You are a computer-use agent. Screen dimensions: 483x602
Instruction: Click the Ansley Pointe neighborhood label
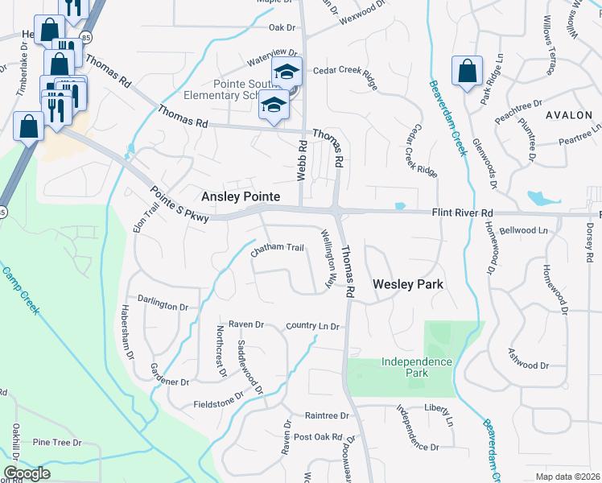(240, 196)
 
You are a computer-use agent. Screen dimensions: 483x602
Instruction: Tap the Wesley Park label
(409, 284)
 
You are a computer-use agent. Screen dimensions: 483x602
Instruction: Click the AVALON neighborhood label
(568, 115)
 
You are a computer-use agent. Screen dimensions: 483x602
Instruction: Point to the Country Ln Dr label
(314, 326)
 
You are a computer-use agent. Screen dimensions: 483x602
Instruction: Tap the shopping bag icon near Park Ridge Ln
(467, 71)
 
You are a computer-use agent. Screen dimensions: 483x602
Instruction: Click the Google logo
(27, 473)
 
